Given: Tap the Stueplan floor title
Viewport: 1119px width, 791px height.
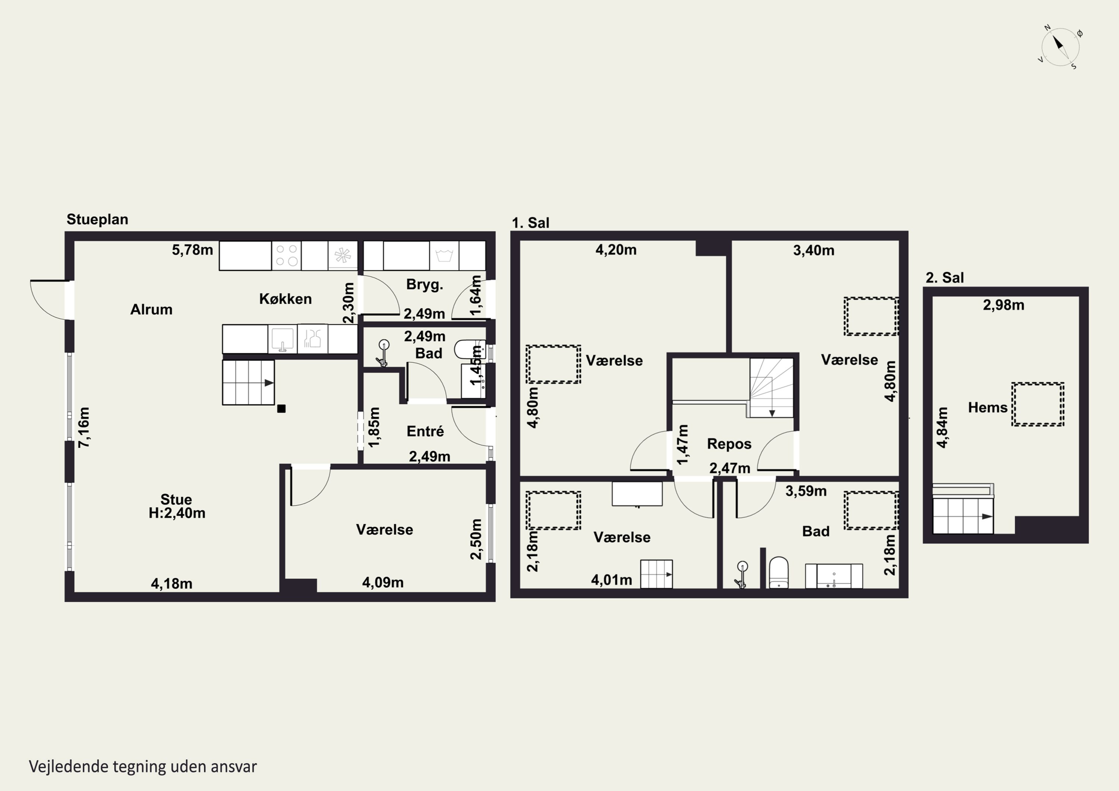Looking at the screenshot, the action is pyautogui.click(x=97, y=219).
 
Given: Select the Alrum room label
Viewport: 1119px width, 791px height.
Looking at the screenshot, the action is pyautogui.click(x=151, y=310).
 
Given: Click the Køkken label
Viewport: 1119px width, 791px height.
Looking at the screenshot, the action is pyautogui.click(x=286, y=299).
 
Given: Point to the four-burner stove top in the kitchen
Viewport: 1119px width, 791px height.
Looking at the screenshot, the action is pyautogui.click(x=286, y=255).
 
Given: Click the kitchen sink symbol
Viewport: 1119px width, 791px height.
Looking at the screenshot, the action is pyautogui.click(x=283, y=338).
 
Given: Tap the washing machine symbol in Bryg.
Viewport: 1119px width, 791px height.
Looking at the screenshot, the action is pyautogui.click(x=444, y=255).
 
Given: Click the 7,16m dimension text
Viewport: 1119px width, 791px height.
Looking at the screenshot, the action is pyautogui.click(x=84, y=427).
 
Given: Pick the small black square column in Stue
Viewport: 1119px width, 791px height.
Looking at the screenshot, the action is pyautogui.click(x=281, y=408).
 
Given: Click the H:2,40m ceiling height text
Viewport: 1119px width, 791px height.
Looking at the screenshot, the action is pyautogui.click(x=177, y=513).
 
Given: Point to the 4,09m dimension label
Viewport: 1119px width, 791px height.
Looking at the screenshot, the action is pyautogui.click(x=383, y=583).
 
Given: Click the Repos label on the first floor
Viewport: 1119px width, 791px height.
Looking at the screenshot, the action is pyautogui.click(x=729, y=444).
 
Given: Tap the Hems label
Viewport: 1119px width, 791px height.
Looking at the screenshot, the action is pyautogui.click(x=987, y=408).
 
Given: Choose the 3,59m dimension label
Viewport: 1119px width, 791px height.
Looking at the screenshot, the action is pyautogui.click(x=806, y=491).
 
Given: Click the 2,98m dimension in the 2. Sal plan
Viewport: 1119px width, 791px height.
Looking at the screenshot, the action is pyautogui.click(x=1003, y=305).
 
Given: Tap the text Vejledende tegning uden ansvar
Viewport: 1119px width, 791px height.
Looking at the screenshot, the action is pyautogui.click(x=143, y=767).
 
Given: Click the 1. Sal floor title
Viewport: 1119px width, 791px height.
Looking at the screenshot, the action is pyautogui.click(x=530, y=223).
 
